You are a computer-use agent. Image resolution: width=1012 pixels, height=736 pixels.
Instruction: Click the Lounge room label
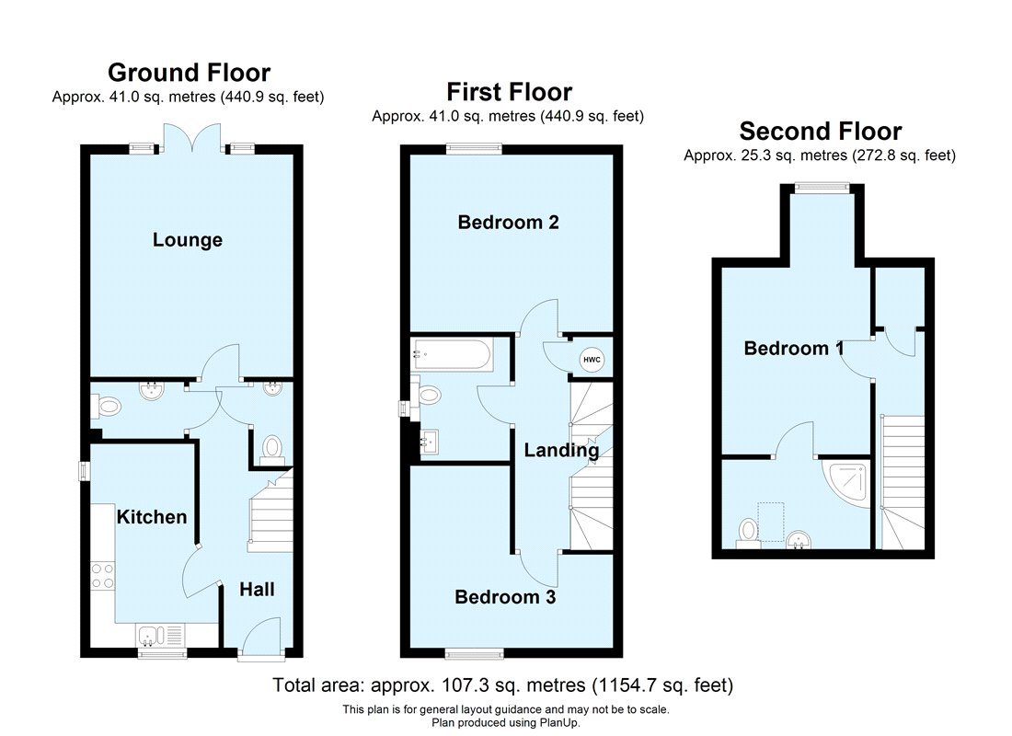[188, 240]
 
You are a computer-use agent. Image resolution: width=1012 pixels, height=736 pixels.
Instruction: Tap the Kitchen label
[151, 517]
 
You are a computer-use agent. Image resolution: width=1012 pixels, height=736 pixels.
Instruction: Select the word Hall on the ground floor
[257, 590]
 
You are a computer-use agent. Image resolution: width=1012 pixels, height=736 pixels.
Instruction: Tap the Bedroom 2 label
[508, 222]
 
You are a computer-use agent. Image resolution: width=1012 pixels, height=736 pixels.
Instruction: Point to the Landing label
[561, 451]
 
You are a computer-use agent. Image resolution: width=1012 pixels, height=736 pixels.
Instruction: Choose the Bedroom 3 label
[505, 597]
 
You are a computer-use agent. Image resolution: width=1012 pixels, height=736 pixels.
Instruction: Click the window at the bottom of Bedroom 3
[475, 654]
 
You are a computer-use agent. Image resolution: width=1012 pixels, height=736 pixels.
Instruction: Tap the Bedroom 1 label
[794, 349]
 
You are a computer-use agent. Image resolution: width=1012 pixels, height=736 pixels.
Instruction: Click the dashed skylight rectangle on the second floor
[769, 515]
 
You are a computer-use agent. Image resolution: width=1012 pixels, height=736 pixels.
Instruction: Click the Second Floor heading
[820, 131]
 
